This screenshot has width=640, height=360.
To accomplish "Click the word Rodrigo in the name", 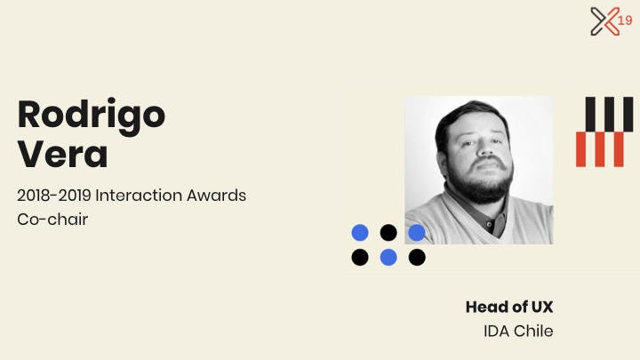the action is click(x=92, y=116).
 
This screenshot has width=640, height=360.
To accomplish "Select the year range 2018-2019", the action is click(x=54, y=196).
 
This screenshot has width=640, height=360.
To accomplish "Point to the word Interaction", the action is click(x=139, y=196).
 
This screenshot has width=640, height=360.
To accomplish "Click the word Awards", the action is click(x=216, y=196).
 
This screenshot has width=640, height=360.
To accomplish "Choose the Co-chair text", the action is click(x=52, y=220).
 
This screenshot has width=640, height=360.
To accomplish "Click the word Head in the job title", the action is click(x=486, y=307).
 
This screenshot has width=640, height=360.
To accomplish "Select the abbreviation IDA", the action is click(x=496, y=331).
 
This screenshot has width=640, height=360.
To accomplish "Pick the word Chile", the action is click(x=533, y=331).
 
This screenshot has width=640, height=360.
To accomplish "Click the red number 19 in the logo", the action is click(x=625, y=20).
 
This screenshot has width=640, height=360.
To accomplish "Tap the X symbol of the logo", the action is click(x=605, y=21).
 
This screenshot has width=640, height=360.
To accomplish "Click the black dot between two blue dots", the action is click(x=388, y=233).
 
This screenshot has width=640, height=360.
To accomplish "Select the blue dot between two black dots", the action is click(x=388, y=257).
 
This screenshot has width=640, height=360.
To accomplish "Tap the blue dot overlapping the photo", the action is click(x=417, y=233).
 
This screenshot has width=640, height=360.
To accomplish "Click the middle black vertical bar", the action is click(x=609, y=115).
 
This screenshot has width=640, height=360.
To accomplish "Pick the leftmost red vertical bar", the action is click(x=580, y=149).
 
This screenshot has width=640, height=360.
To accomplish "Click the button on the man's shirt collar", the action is click(x=489, y=224).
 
